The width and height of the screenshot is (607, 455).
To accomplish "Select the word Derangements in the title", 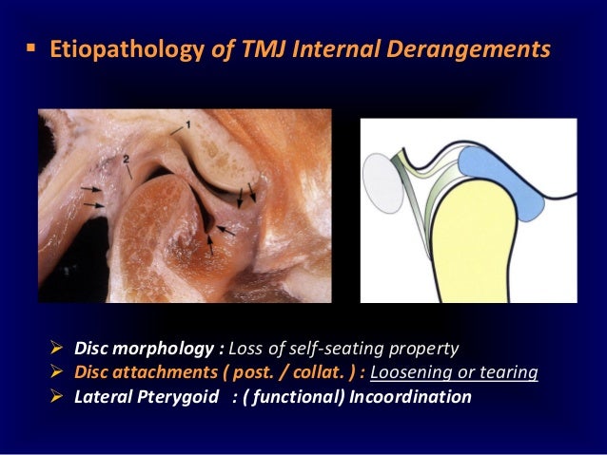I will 473,48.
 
